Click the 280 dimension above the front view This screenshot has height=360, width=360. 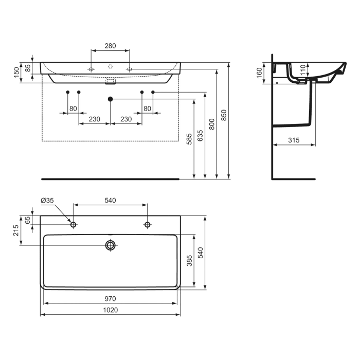pos(110,46)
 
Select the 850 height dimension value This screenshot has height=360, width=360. pos(223,117)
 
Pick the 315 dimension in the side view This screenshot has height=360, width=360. pos(294,140)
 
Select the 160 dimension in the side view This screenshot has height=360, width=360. pos(260,72)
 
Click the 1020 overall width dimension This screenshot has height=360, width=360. pos(110,310)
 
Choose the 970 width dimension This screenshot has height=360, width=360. pos(110,298)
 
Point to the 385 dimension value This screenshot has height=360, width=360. pos(189,261)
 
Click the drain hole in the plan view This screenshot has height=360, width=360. pos(110,245)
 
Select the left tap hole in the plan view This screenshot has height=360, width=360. pos(74,225)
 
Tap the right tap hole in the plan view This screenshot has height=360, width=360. pos(147,225)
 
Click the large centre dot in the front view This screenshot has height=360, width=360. pos(110,98)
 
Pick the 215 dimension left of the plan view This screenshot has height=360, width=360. pos(16,229)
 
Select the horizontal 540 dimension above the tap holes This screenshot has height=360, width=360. pos(110,200)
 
